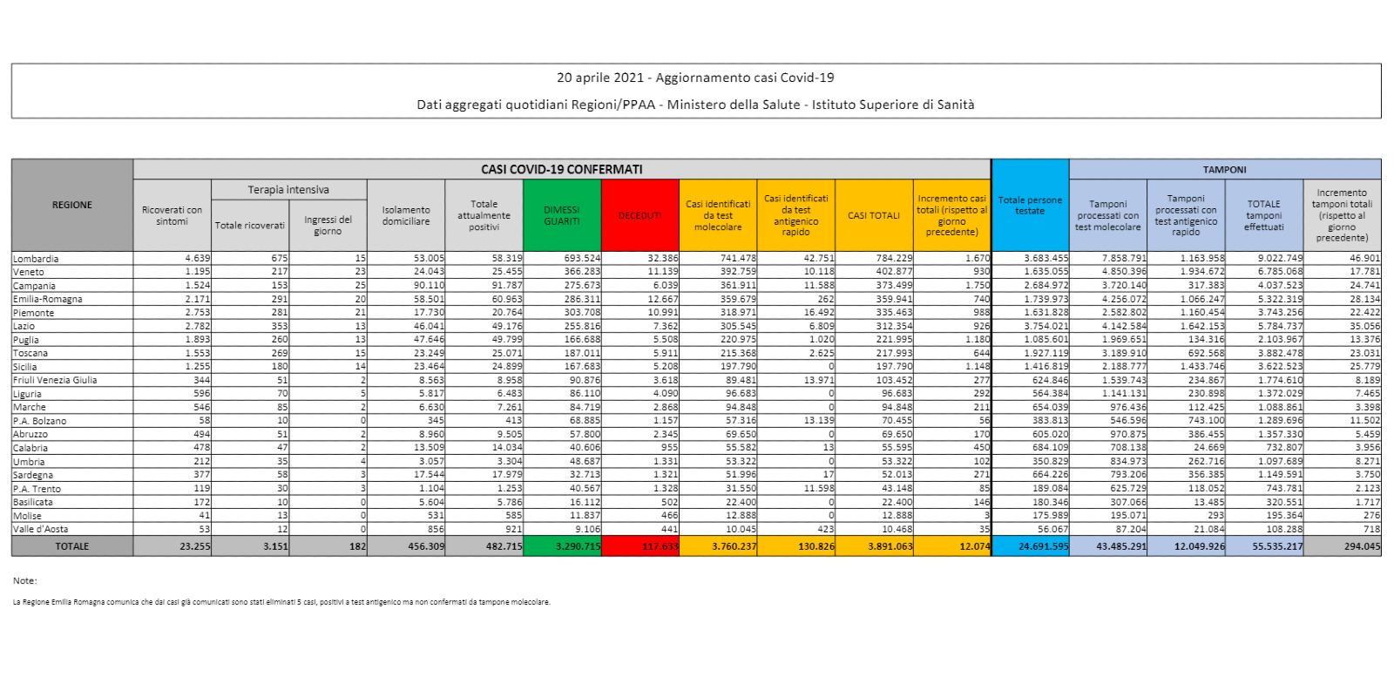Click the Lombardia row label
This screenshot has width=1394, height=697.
[x=36, y=259]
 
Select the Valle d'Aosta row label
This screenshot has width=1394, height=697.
[x=40, y=529]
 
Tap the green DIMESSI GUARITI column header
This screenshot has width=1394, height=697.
[x=562, y=215]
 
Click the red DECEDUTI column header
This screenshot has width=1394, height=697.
[x=639, y=215]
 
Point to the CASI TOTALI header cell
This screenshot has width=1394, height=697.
[x=874, y=215]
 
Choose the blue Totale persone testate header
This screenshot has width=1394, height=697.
[x=1030, y=206]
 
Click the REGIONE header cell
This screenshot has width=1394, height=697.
[x=72, y=206]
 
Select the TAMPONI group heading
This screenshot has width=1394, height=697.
[x=1224, y=170]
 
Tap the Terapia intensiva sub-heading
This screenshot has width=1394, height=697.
[x=288, y=190]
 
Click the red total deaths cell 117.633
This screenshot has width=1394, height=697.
[x=660, y=546]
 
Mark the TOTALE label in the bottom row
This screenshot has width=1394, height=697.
[x=72, y=546]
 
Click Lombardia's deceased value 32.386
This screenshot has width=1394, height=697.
[x=663, y=259]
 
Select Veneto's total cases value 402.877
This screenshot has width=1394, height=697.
[x=894, y=272]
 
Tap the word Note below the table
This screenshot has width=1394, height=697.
[x=24, y=580]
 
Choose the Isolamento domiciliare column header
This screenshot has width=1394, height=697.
[x=406, y=215]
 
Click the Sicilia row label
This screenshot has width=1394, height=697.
[x=25, y=367]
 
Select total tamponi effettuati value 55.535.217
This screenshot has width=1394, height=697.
[x=1277, y=546]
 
